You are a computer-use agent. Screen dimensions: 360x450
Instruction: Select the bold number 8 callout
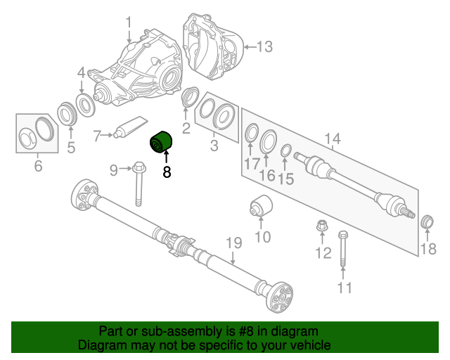click(x=167, y=172)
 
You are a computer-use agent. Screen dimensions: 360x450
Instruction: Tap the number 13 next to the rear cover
click(x=264, y=47)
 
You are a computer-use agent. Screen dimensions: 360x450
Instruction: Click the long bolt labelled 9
click(x=139, y=184)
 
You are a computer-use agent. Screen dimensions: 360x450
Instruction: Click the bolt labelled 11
click(x=343, y=249)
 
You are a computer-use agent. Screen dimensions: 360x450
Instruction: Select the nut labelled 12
click(x=322, y=228)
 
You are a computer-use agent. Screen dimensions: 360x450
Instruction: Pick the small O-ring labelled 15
click(x=286, y=150)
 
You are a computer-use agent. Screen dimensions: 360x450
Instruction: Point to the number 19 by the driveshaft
click(x=233, y=245)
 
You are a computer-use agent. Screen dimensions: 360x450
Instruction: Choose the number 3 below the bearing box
click(x=214, y=146)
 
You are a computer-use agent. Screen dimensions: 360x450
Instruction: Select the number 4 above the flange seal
click(x=81, y=72)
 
